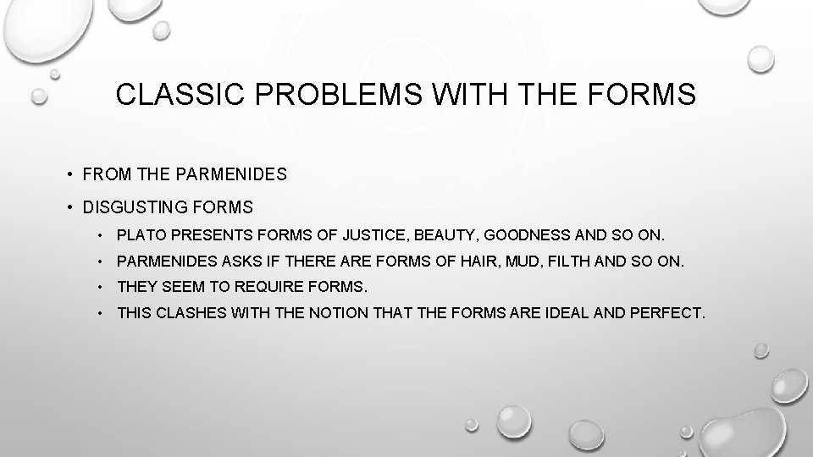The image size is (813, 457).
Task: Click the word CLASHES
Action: [x=189, y=314]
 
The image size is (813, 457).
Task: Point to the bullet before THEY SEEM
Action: [x=101, y=286]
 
